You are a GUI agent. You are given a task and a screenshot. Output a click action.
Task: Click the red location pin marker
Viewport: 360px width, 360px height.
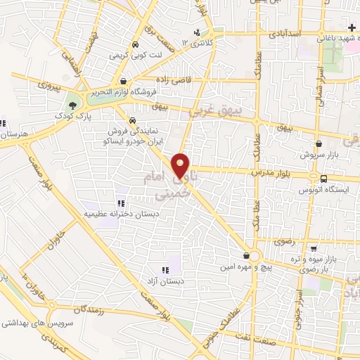[x=182, y=166]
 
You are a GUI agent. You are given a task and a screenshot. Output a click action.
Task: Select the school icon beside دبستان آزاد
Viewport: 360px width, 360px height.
[x=165, y=269]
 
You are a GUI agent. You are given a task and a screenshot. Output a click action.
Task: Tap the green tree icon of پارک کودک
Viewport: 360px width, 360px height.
[x=72, y=105]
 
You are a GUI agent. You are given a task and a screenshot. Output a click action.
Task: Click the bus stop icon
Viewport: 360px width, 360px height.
[x=323, y=178]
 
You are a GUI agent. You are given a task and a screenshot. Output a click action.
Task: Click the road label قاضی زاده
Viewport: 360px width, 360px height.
[x=171, y=80]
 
